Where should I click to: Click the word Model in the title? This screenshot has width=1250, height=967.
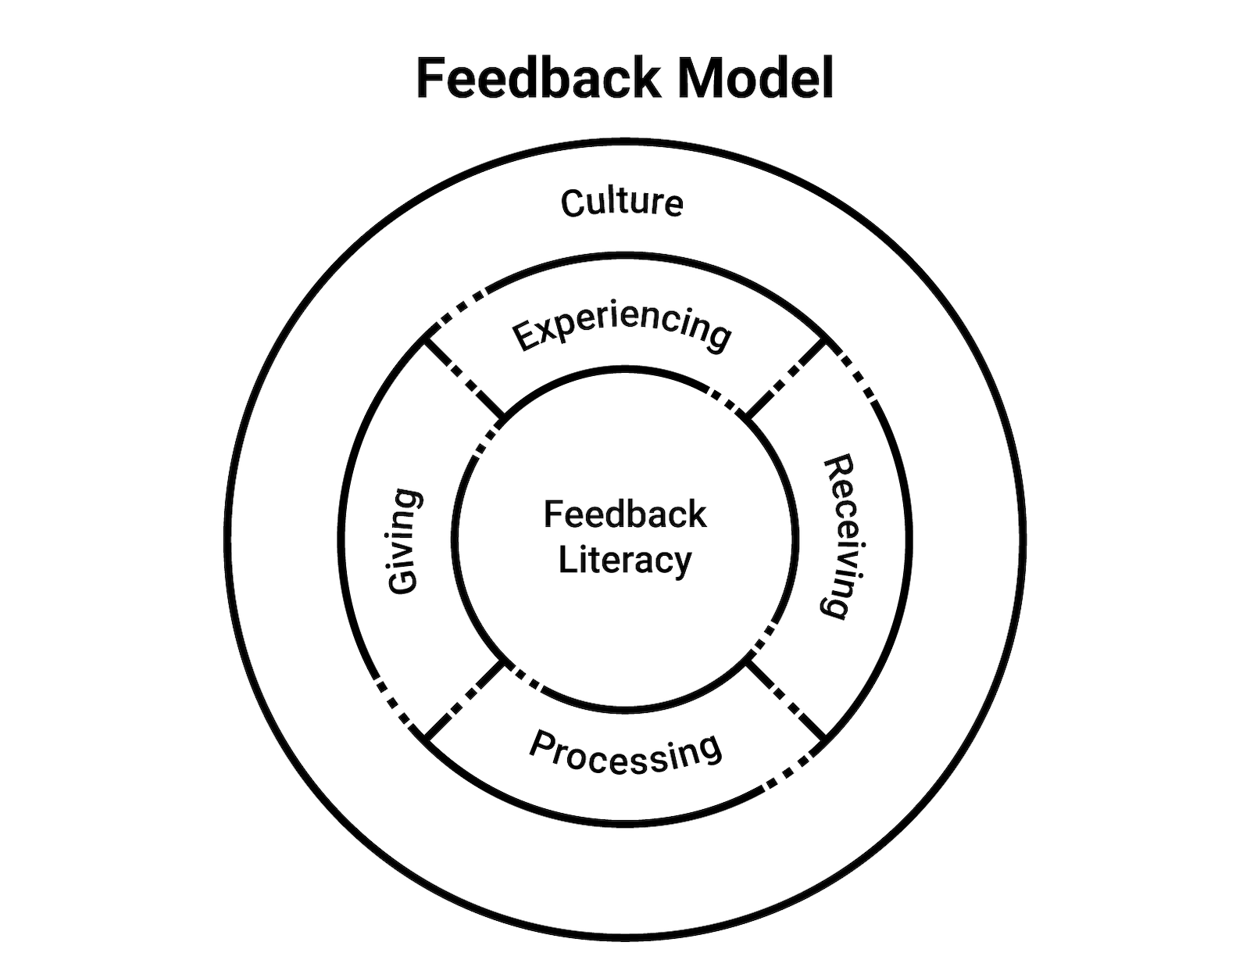(755, 78)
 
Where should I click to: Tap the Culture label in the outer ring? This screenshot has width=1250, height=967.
(623, 202)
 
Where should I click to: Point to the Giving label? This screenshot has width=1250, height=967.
(405, 541)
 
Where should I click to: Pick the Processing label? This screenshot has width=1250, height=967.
(625, 753)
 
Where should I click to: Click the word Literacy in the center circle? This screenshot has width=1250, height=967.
(625, 561)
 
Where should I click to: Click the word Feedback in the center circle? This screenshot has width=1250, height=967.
(625, 514)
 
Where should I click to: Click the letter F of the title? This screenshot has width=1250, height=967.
(430, 78)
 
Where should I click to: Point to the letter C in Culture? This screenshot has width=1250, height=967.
(572, 203)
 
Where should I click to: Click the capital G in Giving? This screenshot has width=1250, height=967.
(405, 581)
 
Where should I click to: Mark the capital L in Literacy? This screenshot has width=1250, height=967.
(567, 561)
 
